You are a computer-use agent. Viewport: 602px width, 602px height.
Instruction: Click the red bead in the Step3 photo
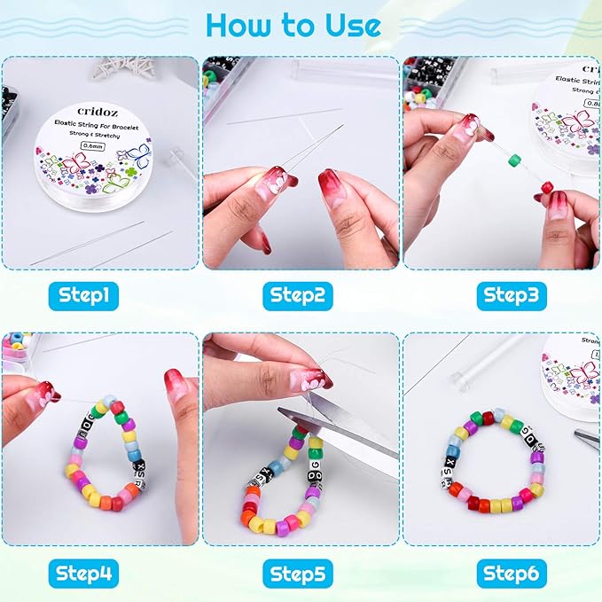547,187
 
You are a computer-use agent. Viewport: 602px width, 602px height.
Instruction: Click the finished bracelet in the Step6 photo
493,461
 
